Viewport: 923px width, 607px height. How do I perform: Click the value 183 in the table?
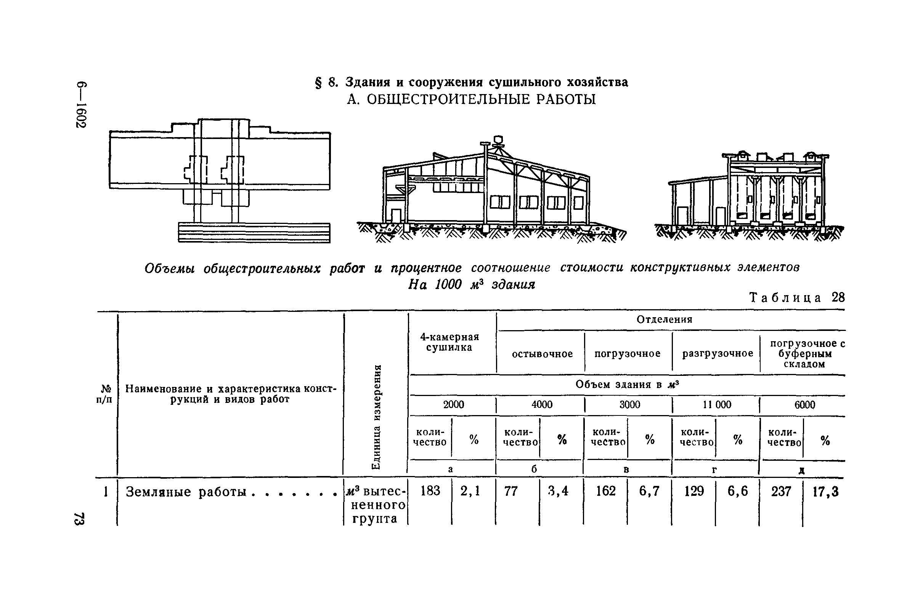(430, 491)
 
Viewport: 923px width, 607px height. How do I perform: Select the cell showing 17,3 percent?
(825, 492)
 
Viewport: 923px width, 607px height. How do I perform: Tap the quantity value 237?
(781, 492)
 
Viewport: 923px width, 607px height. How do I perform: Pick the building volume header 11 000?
(717, 405)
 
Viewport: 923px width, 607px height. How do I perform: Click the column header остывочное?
(542, 354)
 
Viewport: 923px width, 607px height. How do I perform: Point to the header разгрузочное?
(718, 354)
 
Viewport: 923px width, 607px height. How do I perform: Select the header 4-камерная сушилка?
(449, 342)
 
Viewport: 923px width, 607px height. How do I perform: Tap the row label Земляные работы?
(186, 492)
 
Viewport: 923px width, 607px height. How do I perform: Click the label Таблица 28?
(796, 297)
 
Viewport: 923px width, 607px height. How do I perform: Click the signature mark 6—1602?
(81, 105)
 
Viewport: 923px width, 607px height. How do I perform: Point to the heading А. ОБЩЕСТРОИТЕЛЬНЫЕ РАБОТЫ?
(471, 100)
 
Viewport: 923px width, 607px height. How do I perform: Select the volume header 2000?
(453, 405)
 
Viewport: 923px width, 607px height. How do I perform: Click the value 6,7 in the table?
(649, 492)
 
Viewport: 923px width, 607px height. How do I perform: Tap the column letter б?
(534, 470)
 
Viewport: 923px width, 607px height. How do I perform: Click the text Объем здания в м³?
(627, 385)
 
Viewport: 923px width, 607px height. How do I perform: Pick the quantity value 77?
(511, 492)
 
